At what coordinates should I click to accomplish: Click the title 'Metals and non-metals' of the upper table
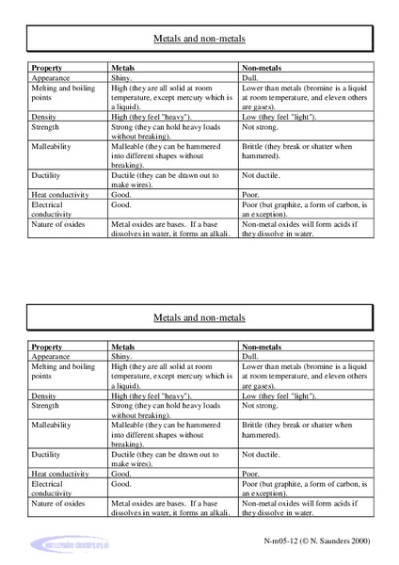point(199,40)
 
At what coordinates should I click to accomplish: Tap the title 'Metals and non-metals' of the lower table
point(199,318)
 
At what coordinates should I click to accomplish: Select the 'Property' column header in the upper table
point(47,69)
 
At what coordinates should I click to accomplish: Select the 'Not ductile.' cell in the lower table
point(263,454)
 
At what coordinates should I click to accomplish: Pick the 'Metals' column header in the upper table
point(127,69)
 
